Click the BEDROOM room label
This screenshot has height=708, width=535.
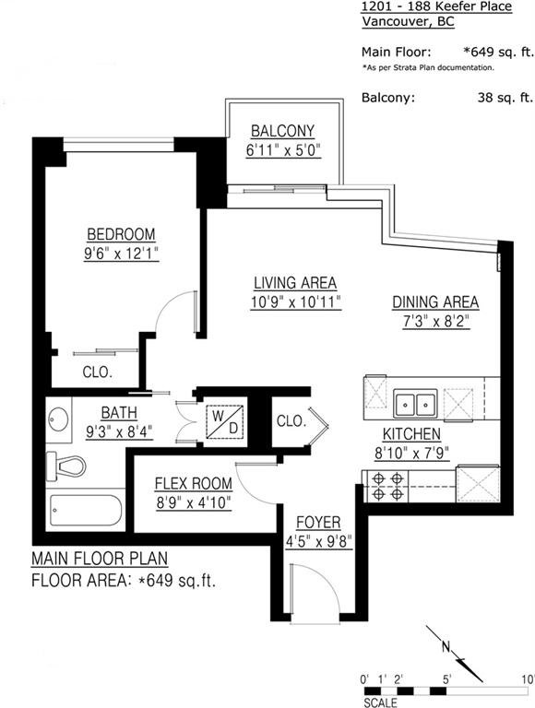tap(121, 235)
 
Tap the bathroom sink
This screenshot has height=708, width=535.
tap(59, 419)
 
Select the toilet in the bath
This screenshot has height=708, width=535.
tap(66, 466)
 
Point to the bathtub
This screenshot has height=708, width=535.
tap(86, 510)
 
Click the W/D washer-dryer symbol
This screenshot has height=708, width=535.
tap(225, 422)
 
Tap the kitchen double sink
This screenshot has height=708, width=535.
tap(415, 403)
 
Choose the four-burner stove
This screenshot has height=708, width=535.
tap(387, 486)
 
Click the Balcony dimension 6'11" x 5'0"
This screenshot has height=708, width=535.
tap(283, 150)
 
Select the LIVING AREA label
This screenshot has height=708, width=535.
tap(295, 283)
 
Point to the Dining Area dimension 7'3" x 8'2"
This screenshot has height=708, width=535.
tap(436, 322)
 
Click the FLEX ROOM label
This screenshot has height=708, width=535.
tap(194, 484)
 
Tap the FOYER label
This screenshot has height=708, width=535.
tap(318, 523)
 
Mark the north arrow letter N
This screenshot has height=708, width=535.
tap(446, 647)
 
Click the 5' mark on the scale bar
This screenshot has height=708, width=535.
tap(447, 679)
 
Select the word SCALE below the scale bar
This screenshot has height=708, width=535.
tap(380, 702)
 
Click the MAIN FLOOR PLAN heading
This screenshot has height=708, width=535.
tap(100, 559)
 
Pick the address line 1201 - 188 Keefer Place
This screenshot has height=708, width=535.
tap(436, 6)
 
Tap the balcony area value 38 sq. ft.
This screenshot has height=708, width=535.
tap(505, 98)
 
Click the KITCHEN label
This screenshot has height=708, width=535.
tap(411, 434)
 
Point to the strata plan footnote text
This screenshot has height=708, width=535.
tap(428, 67)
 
